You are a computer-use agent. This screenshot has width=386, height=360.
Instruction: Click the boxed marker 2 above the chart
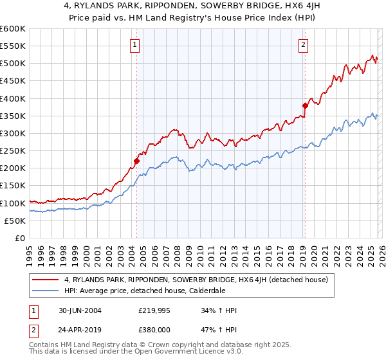[x=303, y=45]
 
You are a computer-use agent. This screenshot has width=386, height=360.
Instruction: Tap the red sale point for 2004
[x=136, y=161]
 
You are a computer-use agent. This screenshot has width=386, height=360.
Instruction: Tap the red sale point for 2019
[x=305, y=105]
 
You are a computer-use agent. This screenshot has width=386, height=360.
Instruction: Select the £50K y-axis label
[x=15, y=221]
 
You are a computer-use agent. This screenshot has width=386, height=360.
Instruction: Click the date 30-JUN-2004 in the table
[x=78, y=310]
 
